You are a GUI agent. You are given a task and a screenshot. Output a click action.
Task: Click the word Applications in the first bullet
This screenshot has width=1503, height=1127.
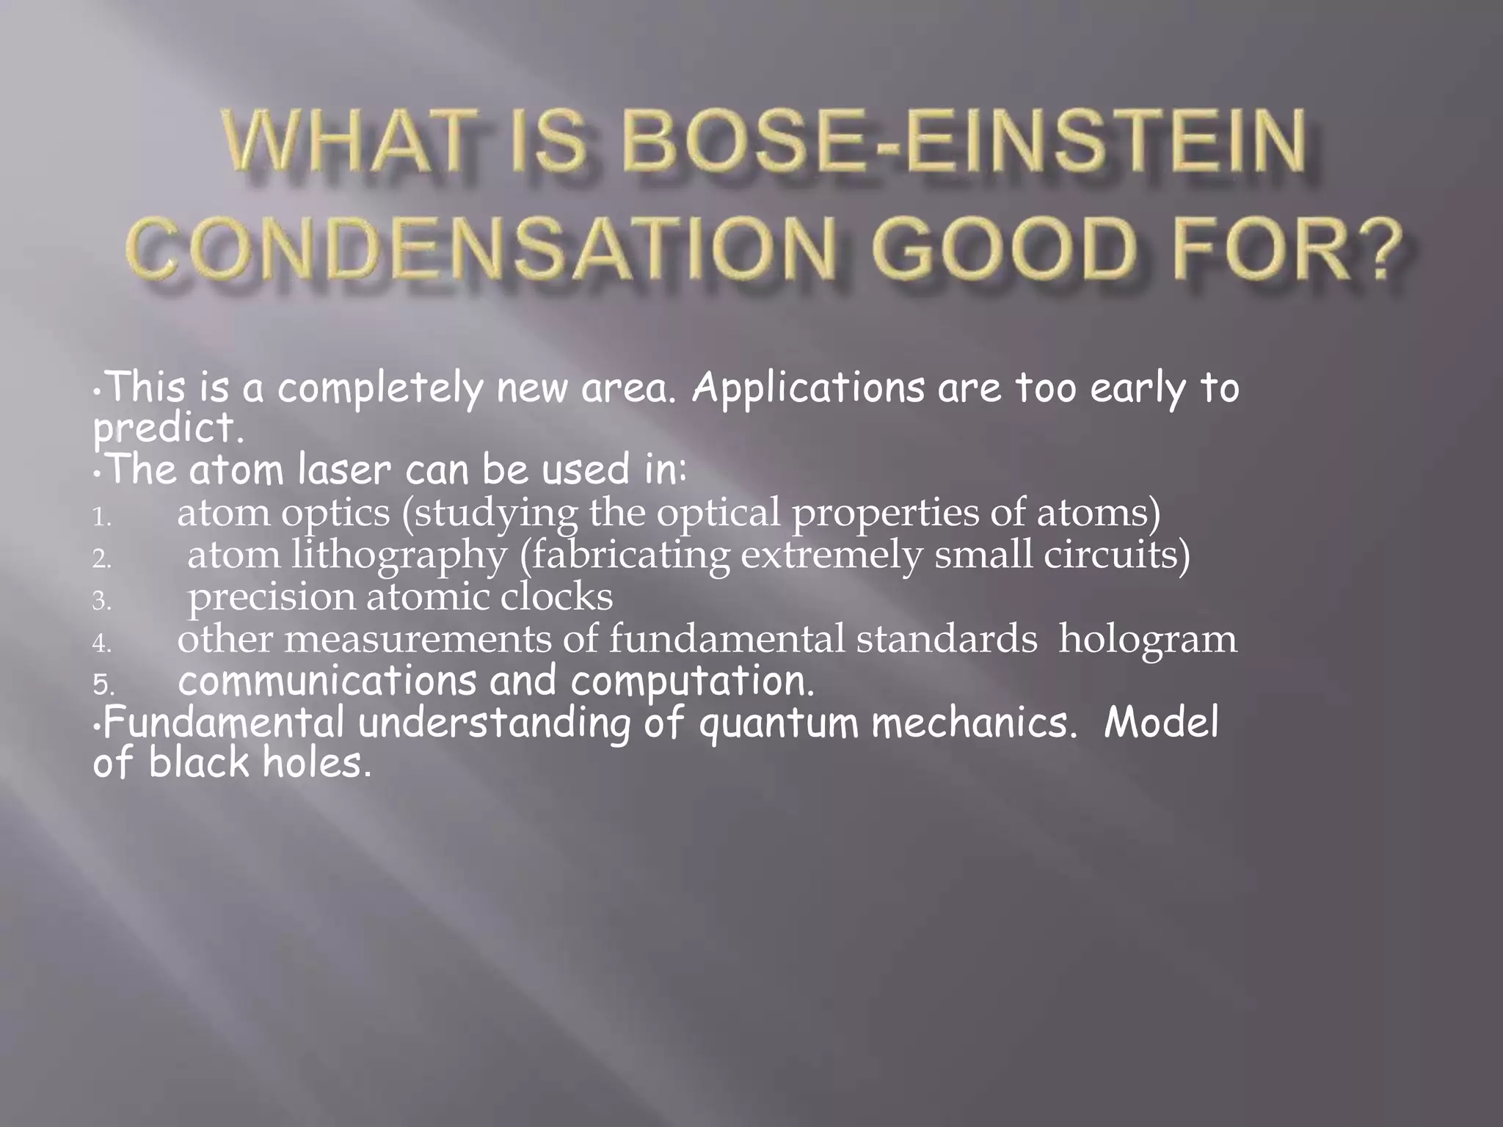(x=808, y=390)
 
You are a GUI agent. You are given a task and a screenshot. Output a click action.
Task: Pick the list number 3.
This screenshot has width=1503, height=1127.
(x=101, y=602)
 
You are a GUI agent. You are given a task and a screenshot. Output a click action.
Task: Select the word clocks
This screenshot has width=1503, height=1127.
(x=556, y=597)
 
